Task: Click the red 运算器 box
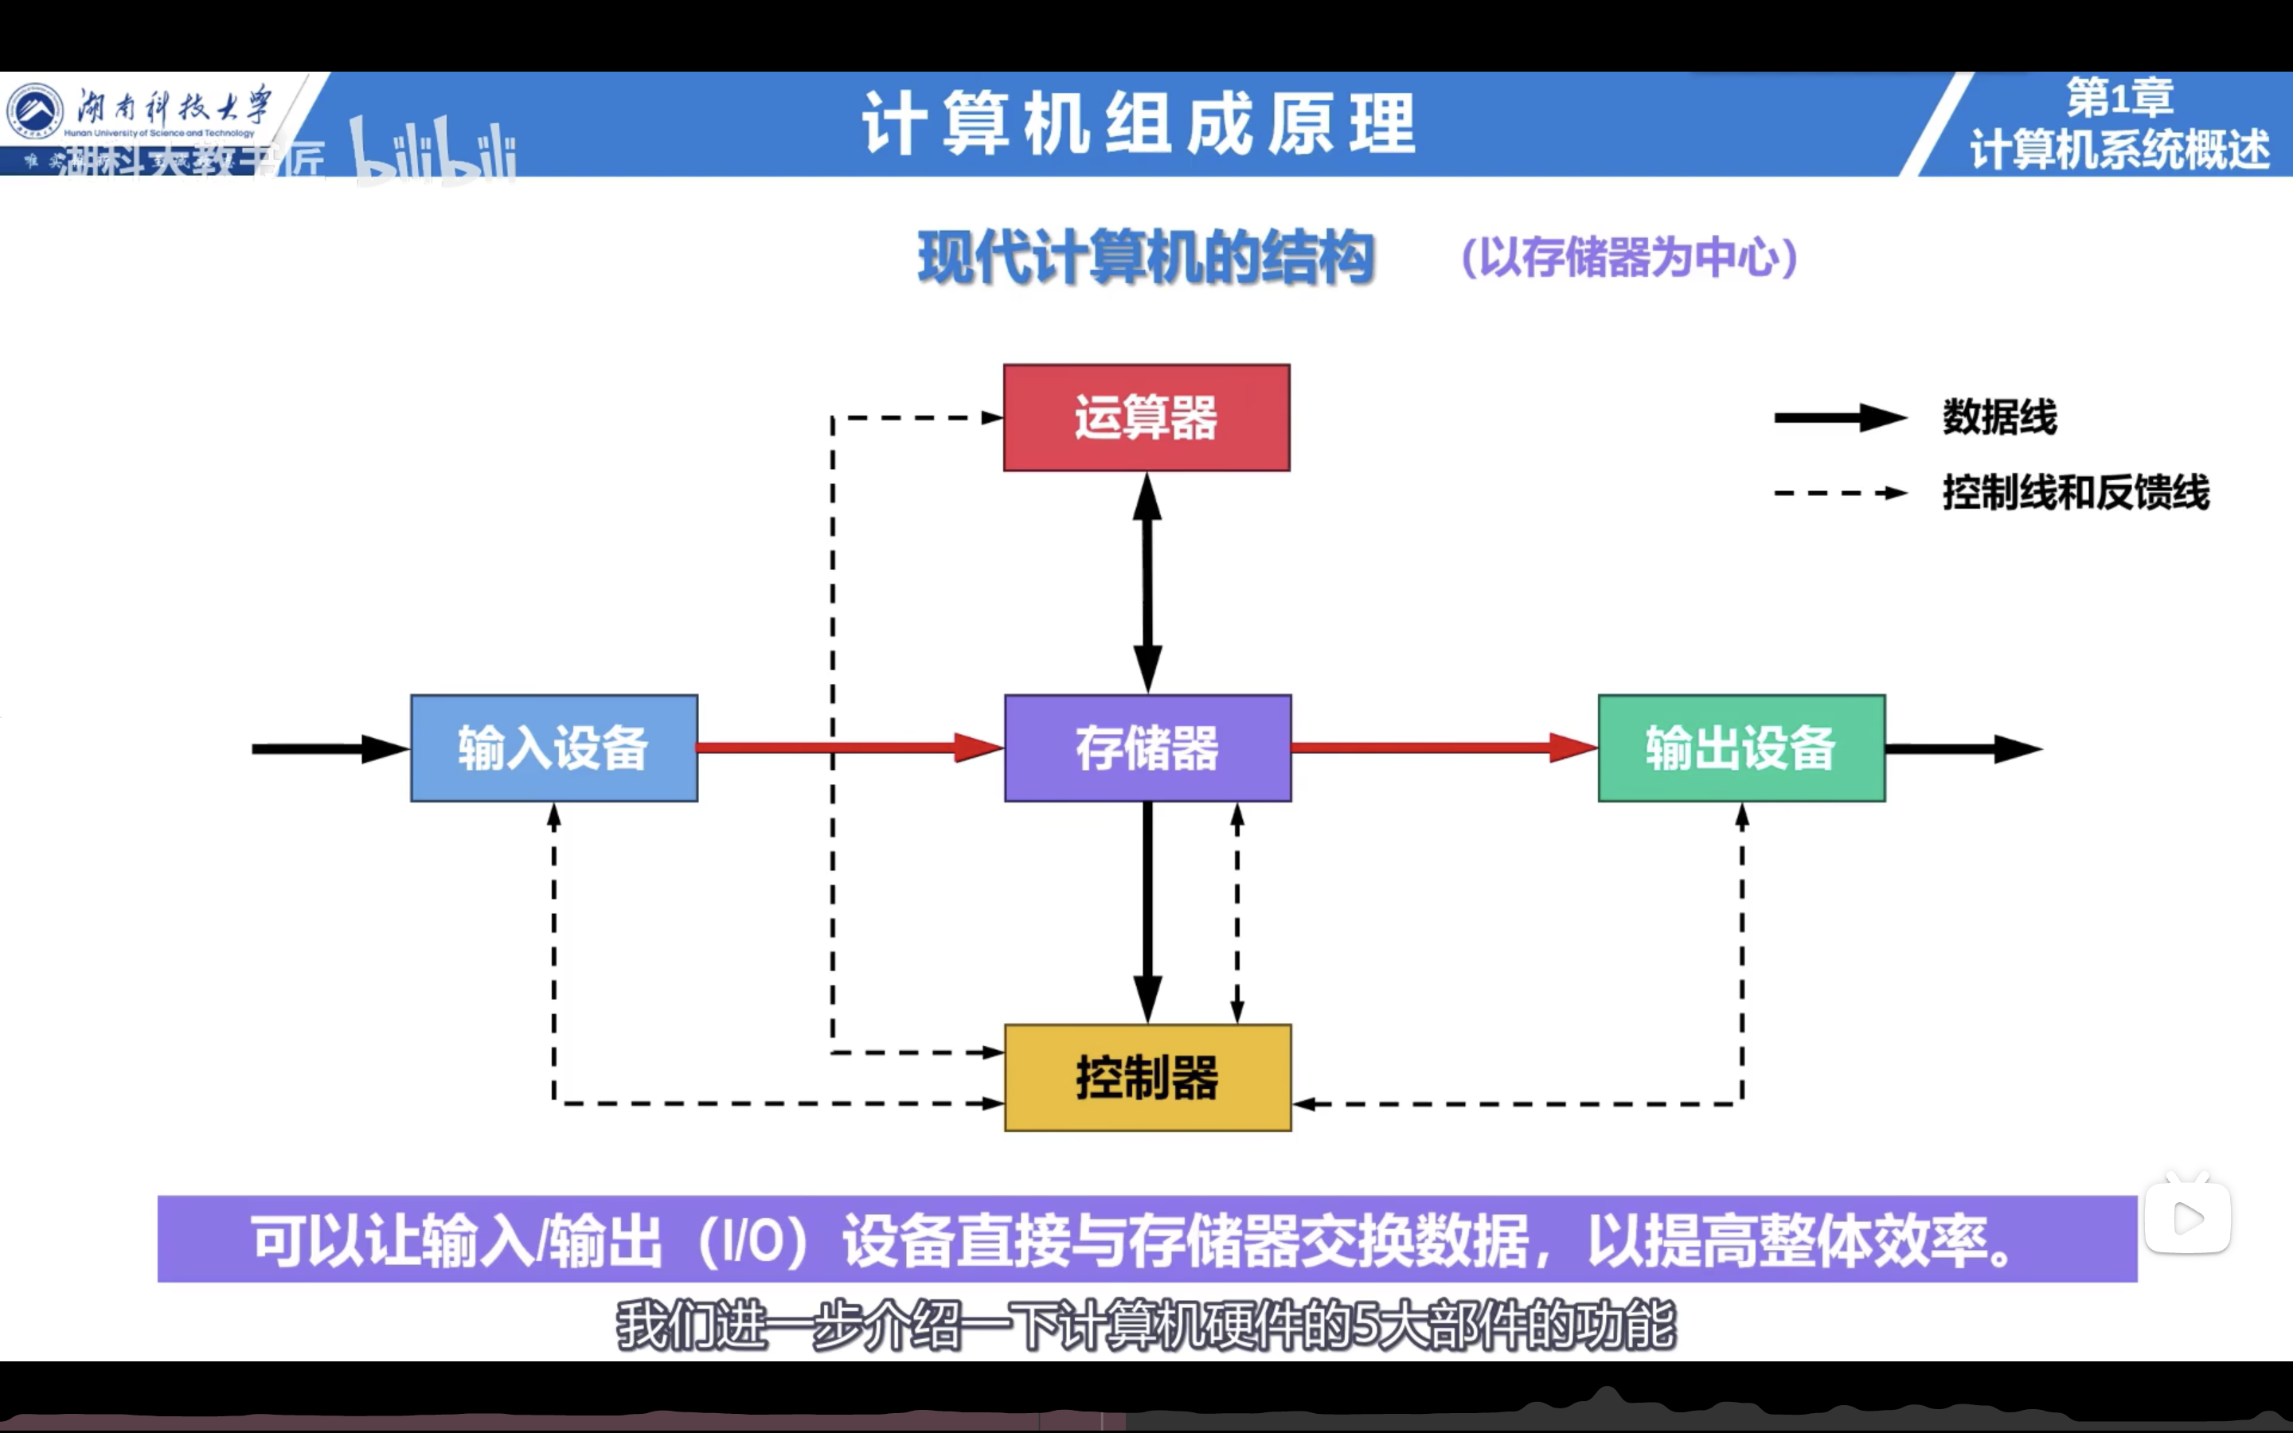pyautogui.click(x=1146, y=417)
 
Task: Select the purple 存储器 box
pyautogui.click(x=1147, y=748)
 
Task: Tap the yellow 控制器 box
pyautogui.click(x=1147, y=1078)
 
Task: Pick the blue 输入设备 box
pyautogui.click(x=554, y=748)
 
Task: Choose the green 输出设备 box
pyautogui.click(x=1741, y=748)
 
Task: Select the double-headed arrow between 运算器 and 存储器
pyautogui.click(x=1147, y=582)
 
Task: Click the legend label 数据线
pyautogui.click(x=1999, y=417)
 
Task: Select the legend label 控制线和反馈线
pyautogui.click(x=2075, y=493)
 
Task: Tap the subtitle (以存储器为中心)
pyautogui.click(x=1630, y=258)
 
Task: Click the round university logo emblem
pyautogui.click(x=36, y=110)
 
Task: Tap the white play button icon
pyautogui.click(x=2188, y=1219)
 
